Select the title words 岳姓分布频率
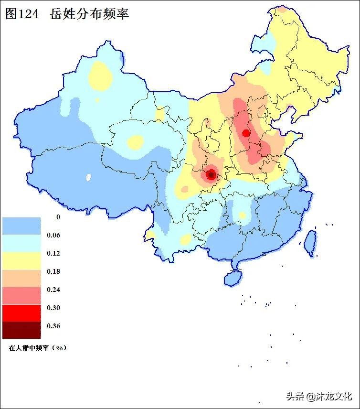(x=89, y=14)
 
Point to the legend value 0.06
(x=53, y=235)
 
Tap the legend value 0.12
(x=53, y=253)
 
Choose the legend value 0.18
(x=53, y=271)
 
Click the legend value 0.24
(x=53, y=290)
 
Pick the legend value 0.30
(x=53, y=308)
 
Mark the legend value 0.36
(x=53, y=326)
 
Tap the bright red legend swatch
(x=21, y=313)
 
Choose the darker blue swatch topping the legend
(x=21, y=226)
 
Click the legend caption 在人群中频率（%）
(x=37, y=348)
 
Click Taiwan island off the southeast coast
(x=310, y=242)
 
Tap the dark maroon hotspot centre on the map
(x=211, y=175)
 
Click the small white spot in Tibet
(x=88, y=177)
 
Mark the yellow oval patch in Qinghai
(x=136, y=142)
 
